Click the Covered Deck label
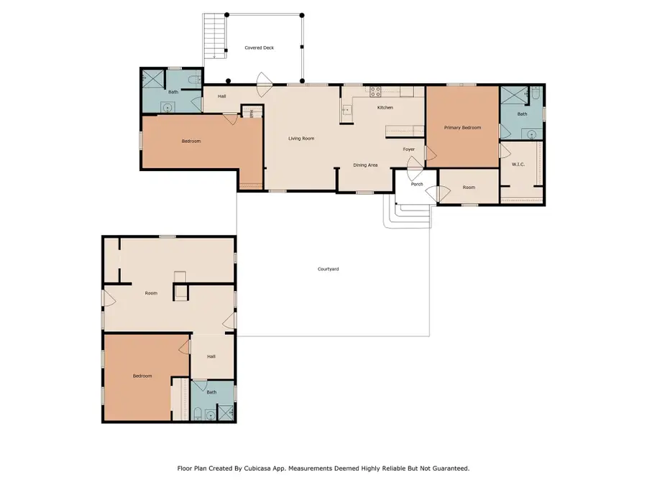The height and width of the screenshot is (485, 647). [259, 48]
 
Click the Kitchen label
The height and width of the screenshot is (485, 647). [385, 108]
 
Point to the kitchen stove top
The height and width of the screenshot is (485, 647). [375, 91]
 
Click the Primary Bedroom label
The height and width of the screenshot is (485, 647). [462, 127]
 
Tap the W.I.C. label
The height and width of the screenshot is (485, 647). [518, 165]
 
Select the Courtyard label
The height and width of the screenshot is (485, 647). [328, 269]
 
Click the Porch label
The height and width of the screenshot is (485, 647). [417, 184]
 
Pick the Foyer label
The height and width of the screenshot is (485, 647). [408, 149]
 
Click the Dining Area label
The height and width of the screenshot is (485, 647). [365, 165]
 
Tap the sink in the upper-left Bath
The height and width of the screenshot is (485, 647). [168, 108]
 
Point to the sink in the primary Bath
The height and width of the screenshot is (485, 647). [531, 133]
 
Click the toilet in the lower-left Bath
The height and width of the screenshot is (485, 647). [198, 412]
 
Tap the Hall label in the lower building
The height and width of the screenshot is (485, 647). [211, 356]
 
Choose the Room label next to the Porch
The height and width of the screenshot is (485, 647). [469, 188]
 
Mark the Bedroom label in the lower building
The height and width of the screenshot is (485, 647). [142, 376]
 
